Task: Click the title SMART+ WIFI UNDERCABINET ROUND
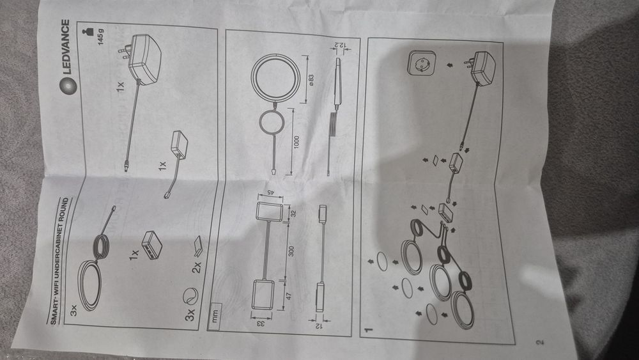coord(60,261)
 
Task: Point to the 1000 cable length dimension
coord(296,143)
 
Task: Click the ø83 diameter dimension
coord(311,80)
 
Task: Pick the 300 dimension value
coord(291,251)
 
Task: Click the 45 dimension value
coord(270,191)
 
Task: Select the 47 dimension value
coord(289,297)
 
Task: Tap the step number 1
coord(369,329)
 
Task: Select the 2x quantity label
coord(197,267)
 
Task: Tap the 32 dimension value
coord(293,213)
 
